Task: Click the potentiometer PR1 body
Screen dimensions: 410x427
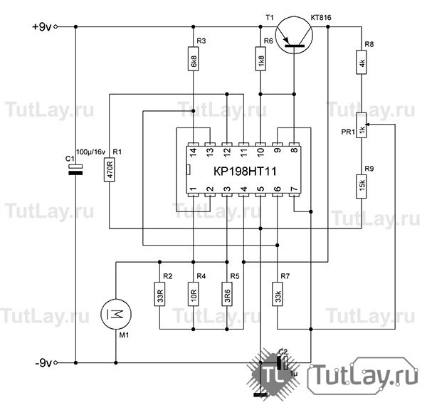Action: [x=362, y=128]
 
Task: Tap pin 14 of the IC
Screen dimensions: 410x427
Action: [x=194, y=151]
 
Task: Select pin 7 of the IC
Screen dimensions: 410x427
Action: [x=294, y=190]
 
